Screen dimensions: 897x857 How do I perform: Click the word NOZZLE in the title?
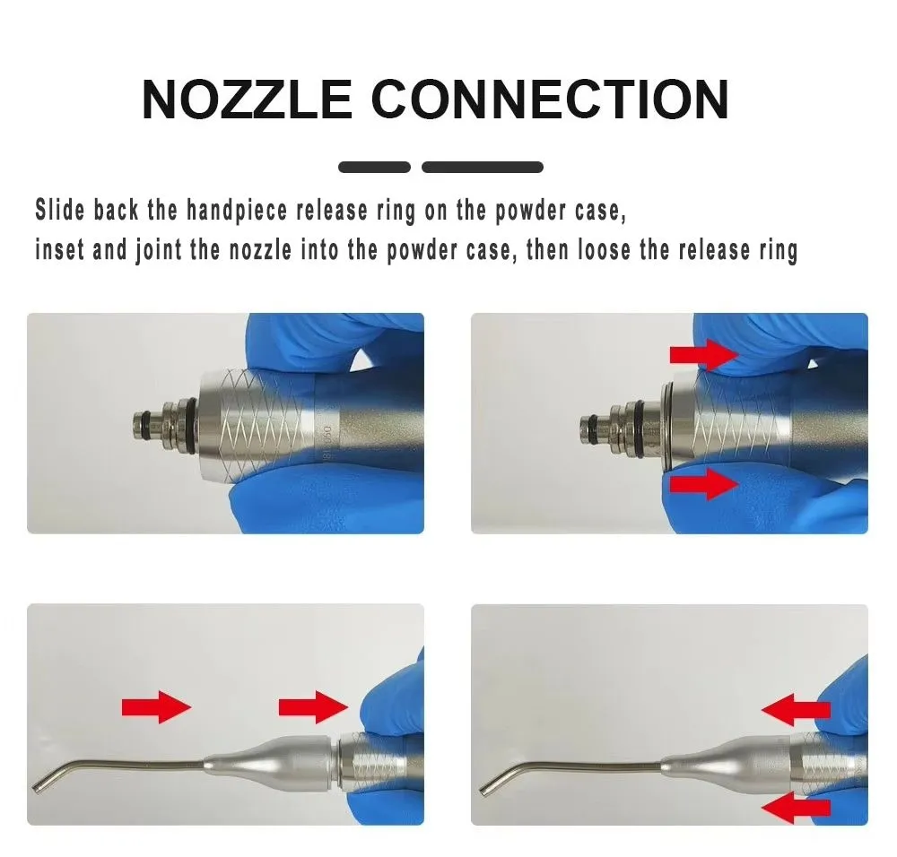click(247, 100)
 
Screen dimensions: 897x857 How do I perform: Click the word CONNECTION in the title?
click(551, 100)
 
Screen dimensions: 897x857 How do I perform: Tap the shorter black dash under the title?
click(374, 168)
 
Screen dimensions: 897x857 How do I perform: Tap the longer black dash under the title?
click(483, 168)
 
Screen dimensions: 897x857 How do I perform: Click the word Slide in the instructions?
click(59, 209)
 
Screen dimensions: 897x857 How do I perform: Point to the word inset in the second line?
click(59, 250)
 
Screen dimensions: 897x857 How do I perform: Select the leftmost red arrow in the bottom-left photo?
click(156, 707)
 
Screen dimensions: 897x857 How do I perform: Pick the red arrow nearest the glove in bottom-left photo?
click(313, 707)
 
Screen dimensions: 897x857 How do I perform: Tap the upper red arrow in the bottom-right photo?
click(796, 710)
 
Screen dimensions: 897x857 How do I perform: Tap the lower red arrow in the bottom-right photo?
click(796, 808)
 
